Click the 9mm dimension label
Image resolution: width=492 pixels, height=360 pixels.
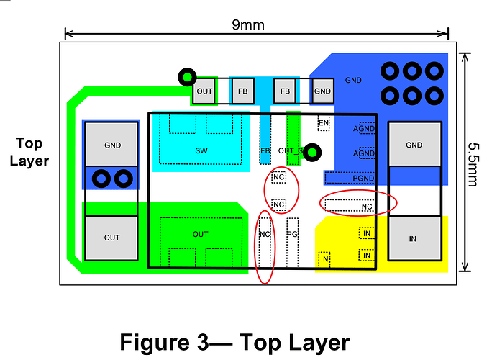coord(248,24)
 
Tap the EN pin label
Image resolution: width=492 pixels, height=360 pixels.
coord(324,123)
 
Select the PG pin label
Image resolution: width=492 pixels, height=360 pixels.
coord(292,234)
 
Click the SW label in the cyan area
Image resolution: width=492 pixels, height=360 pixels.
coord(201,150)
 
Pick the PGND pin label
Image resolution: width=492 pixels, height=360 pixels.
coord(363,179)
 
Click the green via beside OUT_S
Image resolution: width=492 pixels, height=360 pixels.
coord(312,153)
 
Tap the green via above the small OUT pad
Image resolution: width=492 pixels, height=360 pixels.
coord(187,77)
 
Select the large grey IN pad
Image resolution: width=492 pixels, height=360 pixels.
coord(415,239)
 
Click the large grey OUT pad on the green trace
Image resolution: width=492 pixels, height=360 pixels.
coord(111,238)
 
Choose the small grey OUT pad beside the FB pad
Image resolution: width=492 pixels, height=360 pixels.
coord(204,91)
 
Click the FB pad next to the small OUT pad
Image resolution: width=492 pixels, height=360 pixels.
coord(243,91)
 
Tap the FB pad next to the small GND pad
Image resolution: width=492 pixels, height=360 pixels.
coord(285,91)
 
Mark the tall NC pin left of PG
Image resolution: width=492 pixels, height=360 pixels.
coord(265,243)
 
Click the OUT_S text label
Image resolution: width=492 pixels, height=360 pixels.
coord(291,151)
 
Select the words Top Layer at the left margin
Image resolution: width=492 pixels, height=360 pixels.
coord(29,152)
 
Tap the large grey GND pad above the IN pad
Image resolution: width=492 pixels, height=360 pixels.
coord(415,145)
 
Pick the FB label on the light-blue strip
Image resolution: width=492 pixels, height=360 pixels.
coord(265,150)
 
